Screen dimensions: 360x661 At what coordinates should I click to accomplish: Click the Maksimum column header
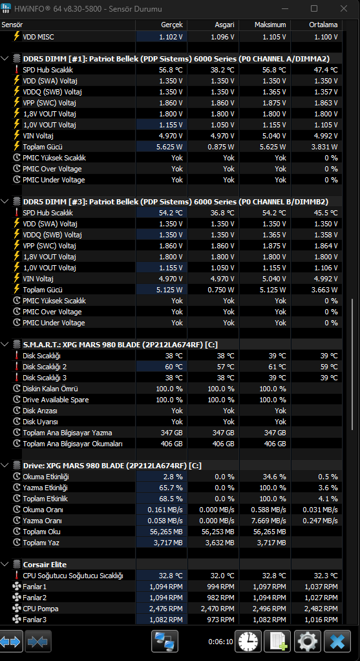[270, 25]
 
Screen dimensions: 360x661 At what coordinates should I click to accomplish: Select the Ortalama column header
[323, 25]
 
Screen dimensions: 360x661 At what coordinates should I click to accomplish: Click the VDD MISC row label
[38, 37]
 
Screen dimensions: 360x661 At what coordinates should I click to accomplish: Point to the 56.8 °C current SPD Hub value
[171, 70]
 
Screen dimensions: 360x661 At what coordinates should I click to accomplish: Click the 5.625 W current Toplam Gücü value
[170, 147]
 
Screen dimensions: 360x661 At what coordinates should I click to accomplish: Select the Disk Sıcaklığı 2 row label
[45, 367]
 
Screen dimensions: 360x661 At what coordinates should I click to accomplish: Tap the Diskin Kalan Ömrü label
[50, 389]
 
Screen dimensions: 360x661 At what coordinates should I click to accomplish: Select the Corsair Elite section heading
[45, 565]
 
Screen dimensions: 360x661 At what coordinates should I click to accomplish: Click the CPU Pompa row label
[41, 609]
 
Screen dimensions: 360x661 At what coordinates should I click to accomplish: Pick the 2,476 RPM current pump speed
[166, 609]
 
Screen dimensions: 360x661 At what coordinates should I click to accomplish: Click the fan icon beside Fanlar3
[17, 620]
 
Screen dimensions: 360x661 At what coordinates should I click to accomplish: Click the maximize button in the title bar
[314, 8]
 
